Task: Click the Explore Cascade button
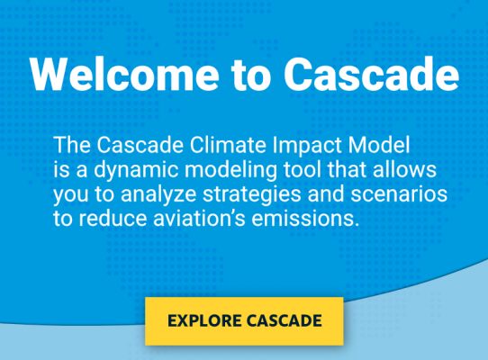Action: tap(244, 319)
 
